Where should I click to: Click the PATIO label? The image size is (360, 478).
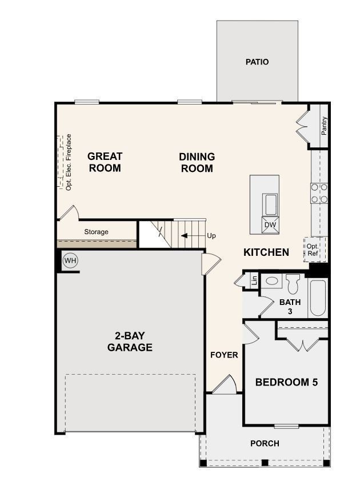tap(257, 62)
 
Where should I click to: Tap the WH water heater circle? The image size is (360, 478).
tap(70, 261)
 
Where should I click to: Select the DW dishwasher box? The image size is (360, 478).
tap(270, 225)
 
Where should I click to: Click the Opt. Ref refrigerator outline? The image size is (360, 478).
tap(312, 249)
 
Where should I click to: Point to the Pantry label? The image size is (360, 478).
tap(324, 125)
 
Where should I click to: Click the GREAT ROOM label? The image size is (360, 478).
tap(105, 162)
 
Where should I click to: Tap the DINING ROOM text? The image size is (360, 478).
tap(197, 162)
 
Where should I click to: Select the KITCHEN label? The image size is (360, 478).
tap(266, 252)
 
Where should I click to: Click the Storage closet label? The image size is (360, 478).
tap(96, 232)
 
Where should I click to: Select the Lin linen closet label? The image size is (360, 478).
tap(254, 280)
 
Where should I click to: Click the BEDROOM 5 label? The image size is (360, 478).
tap(286, 382)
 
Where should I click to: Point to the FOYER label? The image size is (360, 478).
tap(224, 355)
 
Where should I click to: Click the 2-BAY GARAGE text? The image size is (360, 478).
tap(130, 341)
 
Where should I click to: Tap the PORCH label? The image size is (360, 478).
tap(265, 443)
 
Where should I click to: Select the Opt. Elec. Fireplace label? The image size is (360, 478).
tap(69, 162)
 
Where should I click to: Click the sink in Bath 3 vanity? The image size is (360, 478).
tap(273, 282)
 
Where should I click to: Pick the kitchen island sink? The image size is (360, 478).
tap(270, 204)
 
